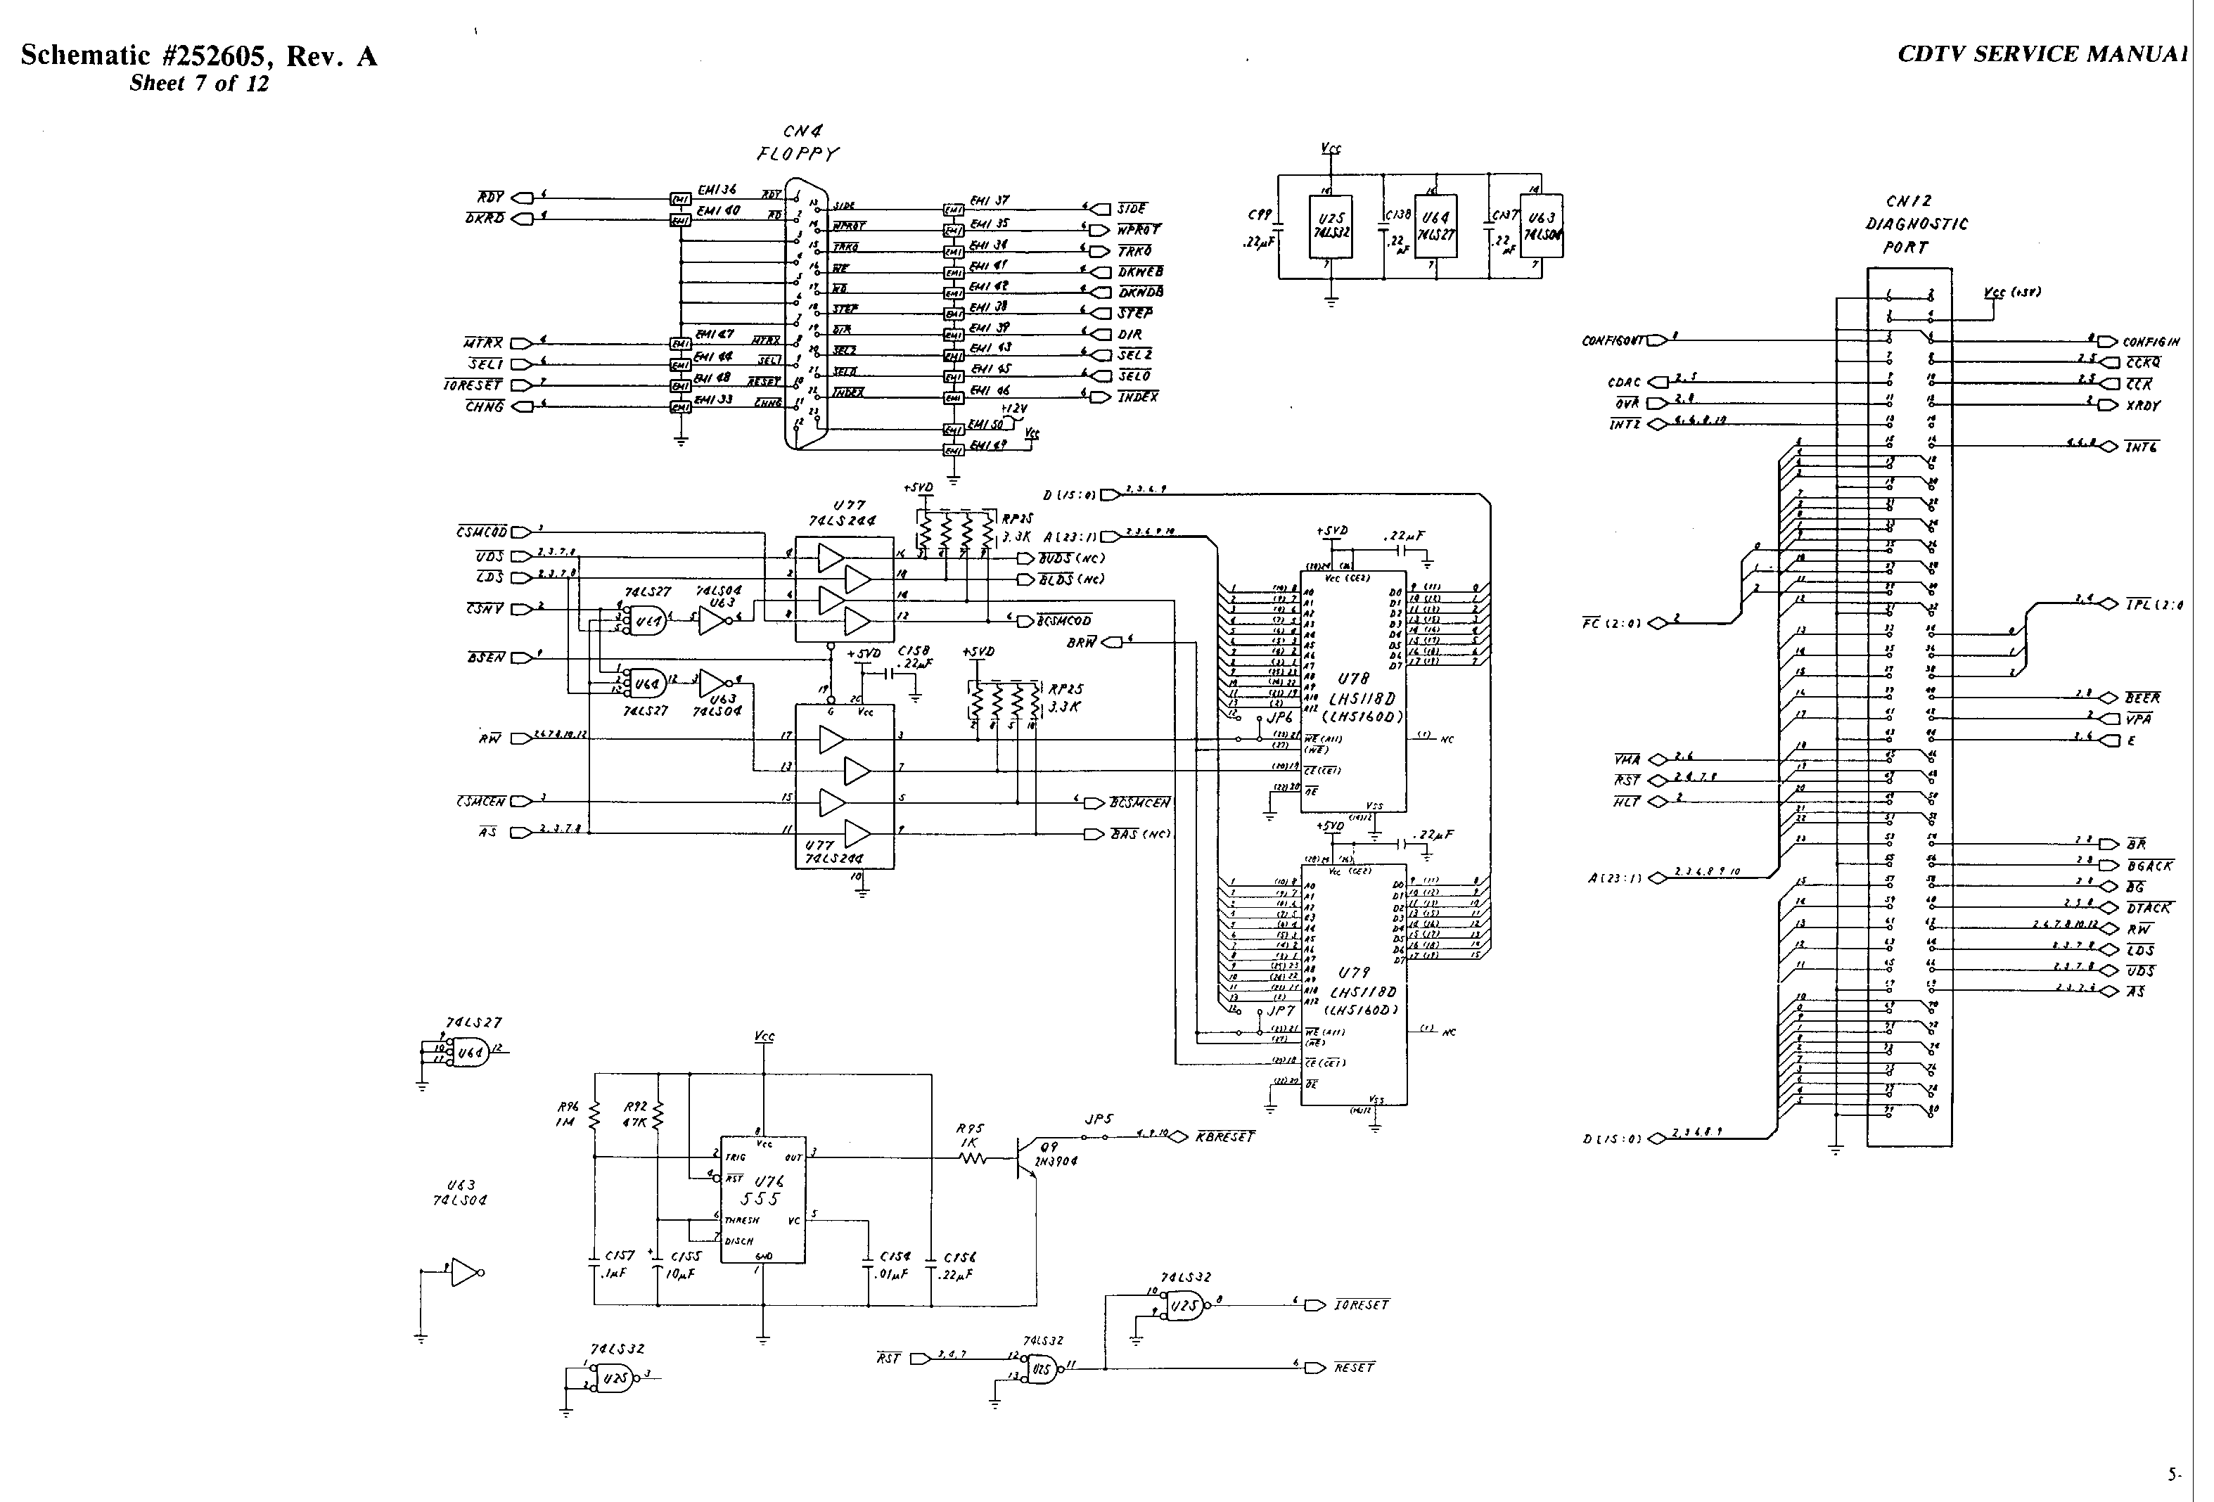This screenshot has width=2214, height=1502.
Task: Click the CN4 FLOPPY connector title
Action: click(798, 143)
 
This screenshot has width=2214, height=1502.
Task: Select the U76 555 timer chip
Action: click(762, 1198)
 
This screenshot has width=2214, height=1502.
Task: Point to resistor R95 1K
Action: click(973, 1158)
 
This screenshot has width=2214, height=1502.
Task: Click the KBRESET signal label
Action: click(1225, 1137)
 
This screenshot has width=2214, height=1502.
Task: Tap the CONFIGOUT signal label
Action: click(1613, 340)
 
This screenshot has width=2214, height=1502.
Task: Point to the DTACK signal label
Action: click(2149, 909)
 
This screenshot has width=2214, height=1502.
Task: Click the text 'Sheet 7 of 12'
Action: click(199, 84)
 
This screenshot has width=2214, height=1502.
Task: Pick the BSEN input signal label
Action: click(486, 658)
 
